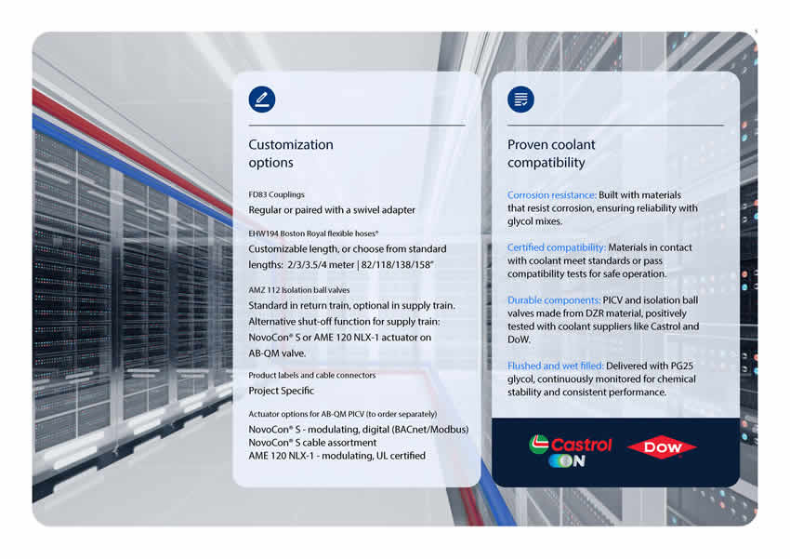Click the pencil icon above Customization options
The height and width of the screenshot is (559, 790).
(x=261, y=99)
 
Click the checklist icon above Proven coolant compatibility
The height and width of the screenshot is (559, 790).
(x=520, y=99)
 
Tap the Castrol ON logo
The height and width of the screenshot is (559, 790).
(x=570, y=450)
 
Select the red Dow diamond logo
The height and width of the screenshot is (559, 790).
(x=662, y=447)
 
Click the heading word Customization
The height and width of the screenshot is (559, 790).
(x=291, y=145)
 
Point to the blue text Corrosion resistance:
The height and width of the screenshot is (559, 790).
(x=552, y=195)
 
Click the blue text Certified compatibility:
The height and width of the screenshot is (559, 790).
(x=556, y=247)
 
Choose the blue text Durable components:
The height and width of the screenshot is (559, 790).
(x=554, y=299)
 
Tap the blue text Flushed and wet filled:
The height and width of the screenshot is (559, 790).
(x=555, y=366)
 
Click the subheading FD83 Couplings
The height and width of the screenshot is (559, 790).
(x=277, y=194)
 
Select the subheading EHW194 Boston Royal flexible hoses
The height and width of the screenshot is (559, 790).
(x=313, y=233)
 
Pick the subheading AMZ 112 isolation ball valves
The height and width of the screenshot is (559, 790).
(x=298, y=290)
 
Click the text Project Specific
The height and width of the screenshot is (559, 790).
(x=281, y=391)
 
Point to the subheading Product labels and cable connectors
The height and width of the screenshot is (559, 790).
(x=312, y=375)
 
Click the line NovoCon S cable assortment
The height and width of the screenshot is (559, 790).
(x=312, y=443)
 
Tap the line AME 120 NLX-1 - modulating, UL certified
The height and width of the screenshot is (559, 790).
(x=337, y=456)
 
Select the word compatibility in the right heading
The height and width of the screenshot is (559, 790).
(x=546, y=163)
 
